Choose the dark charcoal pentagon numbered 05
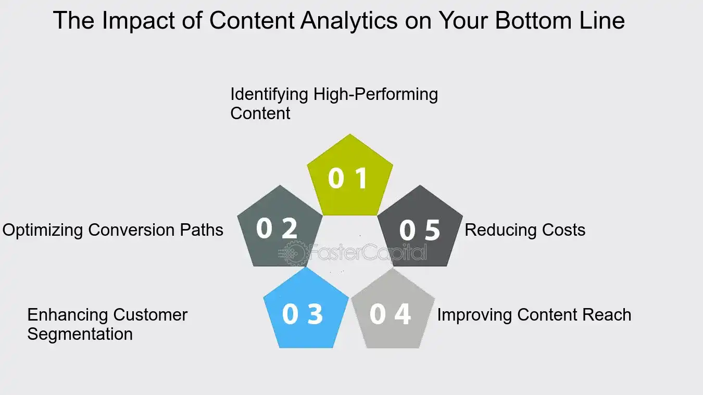[x=420, y=229]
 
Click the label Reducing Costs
[x=525, y=230]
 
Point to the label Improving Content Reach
[x=534, y=315]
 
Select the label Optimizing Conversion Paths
[x=113, y=230]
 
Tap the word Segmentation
[x=80, y=334]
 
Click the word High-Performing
[x=375, y=95]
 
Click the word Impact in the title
[x=135, y=21]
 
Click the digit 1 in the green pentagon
[x=361, y=179]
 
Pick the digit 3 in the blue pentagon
[x=315, y=314]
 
